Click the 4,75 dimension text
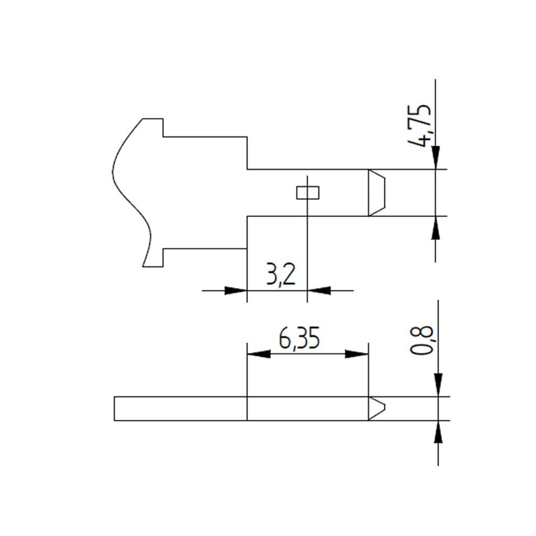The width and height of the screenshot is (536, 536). tap(420, 126)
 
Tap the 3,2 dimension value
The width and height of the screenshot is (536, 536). tap(281, 274)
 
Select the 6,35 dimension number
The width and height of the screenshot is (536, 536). tap(299, 338)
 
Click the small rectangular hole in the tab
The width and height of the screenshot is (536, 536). tap(308, 193)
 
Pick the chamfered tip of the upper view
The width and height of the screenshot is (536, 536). tap(377, 193)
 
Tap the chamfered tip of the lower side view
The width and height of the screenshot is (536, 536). tap(377, 408)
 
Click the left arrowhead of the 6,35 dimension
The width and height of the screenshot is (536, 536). tap(259, 354)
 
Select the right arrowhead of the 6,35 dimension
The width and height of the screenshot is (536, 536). tap(356, 354)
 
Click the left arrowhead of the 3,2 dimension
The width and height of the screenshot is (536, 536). tap(236, 291)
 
